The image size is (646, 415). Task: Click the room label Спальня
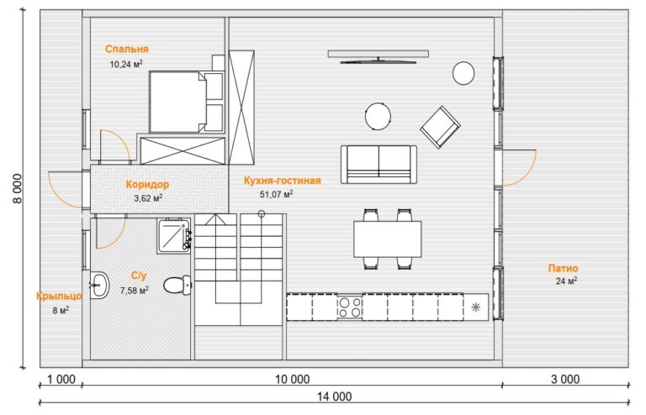point(126,50)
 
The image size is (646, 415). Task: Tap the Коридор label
point(147,184)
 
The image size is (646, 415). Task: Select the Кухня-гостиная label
point(283,181)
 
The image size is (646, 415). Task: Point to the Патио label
point(563,269)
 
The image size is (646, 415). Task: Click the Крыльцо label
point(59,297)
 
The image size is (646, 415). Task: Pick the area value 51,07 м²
point(276,194)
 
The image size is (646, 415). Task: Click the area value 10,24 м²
point(126,64)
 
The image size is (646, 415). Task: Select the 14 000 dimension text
point(335,397)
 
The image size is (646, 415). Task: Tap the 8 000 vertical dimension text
point(18,188)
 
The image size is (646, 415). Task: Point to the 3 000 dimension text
point(565,379)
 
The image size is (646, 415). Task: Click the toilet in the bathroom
point(177,285)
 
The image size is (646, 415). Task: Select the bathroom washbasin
point(99,285)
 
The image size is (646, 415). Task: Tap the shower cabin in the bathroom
point(174,236)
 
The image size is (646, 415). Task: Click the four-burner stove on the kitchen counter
point(350,307)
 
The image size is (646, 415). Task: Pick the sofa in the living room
point(379,165)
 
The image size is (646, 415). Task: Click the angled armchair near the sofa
point(440,127)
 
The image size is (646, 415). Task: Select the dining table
point(387,239)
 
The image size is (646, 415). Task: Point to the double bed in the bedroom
point(186,102)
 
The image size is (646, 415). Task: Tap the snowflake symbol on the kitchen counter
point(475,307)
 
